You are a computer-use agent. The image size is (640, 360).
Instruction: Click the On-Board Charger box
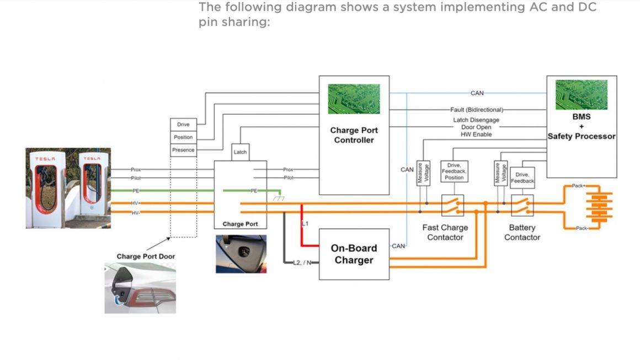(354, 254)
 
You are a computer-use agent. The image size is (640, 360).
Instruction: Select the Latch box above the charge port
(240, 152)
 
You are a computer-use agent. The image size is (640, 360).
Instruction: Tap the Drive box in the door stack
(183, 125)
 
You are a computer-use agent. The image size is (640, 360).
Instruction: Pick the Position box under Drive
(183, 137)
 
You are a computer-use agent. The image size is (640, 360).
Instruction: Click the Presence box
(183, 150)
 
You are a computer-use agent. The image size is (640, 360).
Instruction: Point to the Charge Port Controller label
(354, 135)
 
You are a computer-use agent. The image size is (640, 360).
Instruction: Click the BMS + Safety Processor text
(581, 126)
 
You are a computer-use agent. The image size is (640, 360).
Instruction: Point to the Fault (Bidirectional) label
(477, 110)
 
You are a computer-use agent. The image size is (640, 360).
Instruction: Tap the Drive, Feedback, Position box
(454, 171)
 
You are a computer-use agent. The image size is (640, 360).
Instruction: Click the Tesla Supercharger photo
(68, 188)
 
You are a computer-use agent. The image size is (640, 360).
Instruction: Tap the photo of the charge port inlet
(241, 254)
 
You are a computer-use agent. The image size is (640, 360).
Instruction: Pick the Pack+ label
(578, 186)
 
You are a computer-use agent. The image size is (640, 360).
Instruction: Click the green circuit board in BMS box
(581, 94)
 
